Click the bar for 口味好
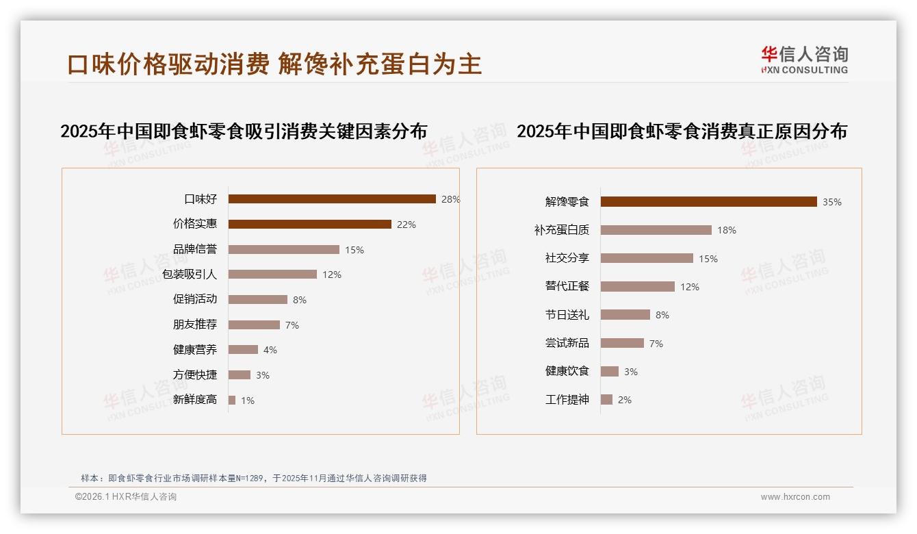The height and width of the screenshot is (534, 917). pos(332,199)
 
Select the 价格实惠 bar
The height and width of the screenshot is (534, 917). pos(309,225)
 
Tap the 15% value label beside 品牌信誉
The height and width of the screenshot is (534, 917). pos(354,250)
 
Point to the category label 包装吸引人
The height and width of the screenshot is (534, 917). pos(190,275)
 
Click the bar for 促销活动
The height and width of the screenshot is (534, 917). pos(257,300)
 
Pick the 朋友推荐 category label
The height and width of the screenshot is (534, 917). pos(194,325)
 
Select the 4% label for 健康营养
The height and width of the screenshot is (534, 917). pos(270,350)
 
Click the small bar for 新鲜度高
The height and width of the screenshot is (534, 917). pos(232,400)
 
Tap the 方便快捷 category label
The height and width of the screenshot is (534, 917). pos(194,374)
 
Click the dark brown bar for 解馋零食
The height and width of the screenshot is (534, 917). pos(708,202)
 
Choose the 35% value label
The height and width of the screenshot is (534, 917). pos(832,202)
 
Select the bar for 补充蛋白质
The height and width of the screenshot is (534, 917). pos(656,230)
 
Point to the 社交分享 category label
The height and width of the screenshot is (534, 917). pos(567,258)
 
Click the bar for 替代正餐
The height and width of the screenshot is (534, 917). pos(637,287)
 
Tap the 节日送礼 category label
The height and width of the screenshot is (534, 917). pos(567,315)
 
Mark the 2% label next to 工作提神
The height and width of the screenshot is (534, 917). pos(625,400)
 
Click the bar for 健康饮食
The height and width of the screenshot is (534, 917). pos(609,371)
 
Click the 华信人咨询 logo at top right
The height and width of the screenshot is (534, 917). pos(804,60)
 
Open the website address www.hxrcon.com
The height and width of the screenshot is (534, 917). pos(795,497)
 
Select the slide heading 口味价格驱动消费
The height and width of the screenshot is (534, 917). pos(168,64)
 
